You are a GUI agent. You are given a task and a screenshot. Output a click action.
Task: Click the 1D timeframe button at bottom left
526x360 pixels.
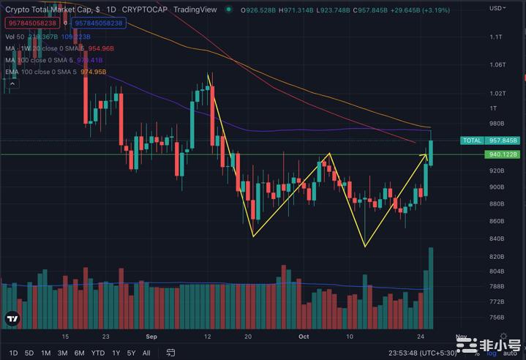coord(13,352)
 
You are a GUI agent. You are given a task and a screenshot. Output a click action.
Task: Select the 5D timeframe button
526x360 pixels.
coord(29,352)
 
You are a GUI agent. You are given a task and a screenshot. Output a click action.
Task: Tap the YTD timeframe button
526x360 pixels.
coord(97,352)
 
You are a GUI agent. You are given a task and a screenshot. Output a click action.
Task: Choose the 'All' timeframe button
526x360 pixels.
coord(146,352)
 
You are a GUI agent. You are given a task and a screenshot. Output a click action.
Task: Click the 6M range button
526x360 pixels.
coord(79,352)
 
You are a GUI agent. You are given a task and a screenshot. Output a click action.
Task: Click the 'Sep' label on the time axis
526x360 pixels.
coord(152,337)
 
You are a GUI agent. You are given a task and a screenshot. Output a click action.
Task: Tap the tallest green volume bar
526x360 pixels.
coord(431,288)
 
